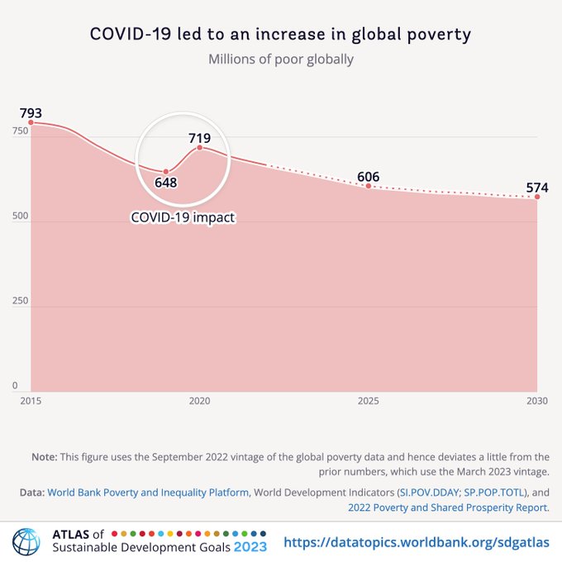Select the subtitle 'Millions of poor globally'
coord(280,60)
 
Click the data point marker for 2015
coord(31,123)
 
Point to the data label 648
coord(166,182)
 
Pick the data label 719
coord(199,138)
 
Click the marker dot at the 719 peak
coord(199,148)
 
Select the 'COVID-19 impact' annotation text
coord(183,218)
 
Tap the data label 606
coord(368,177)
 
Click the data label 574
coord(536,188)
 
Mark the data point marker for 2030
coord(537,197)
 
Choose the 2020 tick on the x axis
coord(199,401)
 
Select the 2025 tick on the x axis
coord(368,401)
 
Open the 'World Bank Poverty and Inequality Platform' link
coord(148,493)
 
